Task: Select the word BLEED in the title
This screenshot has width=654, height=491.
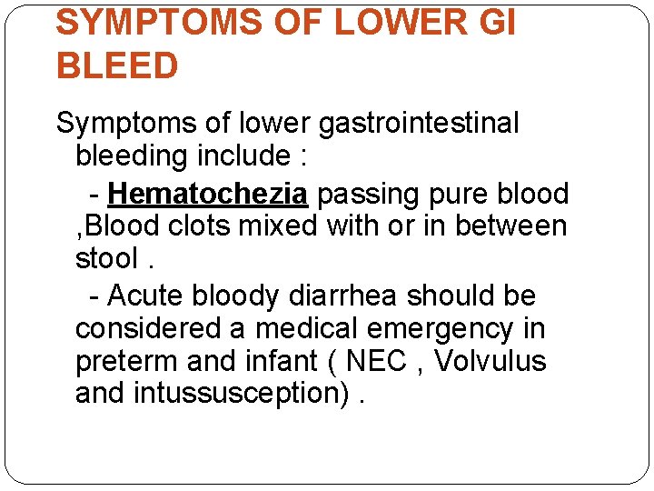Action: pos(117,66)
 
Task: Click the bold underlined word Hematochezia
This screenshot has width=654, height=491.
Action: pos(210,194)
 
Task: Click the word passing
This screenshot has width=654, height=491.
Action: pos(372,194)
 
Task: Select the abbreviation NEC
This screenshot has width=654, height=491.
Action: pos(377,361)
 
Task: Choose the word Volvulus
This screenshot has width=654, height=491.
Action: pos(490,361)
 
